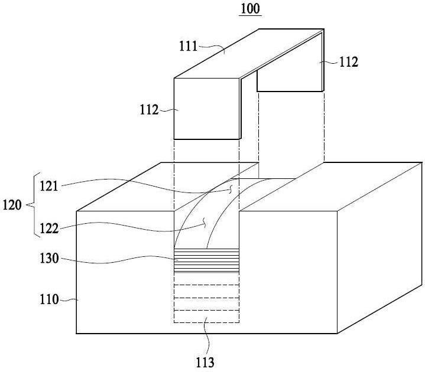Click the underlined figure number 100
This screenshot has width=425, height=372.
tap(251, 9)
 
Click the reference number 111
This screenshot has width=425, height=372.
tap(188, 46)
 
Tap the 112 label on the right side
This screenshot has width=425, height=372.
tap(349, 62)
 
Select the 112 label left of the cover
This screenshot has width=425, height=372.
tap(149, 110)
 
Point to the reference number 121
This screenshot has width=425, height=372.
tap(49, 186)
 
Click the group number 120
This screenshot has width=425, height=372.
tap(12, 205)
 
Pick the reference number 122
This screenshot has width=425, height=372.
tap(49, 229)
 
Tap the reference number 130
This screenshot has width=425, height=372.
tap(49, 258)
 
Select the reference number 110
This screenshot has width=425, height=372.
tap(49, 299)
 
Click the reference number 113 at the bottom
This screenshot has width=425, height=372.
tap(205, 362)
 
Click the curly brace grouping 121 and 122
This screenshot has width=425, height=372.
tap(33, 205)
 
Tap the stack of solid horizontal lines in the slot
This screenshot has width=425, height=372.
tap(206, 260)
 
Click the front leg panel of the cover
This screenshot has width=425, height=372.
tap(206, 109)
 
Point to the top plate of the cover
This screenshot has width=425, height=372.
tap(249, 53)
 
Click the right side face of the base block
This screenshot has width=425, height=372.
tap(379, 248)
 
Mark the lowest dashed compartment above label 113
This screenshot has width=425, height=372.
tap(206, 316)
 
